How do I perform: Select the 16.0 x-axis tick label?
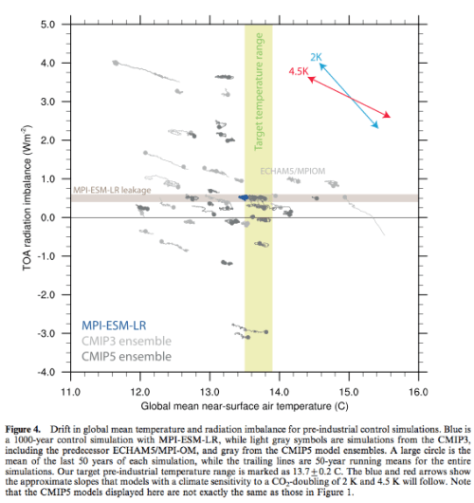(x=418, y=390)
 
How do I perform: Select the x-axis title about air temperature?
(x=245, y=404)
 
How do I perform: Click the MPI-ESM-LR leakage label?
(x=108, y=190)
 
